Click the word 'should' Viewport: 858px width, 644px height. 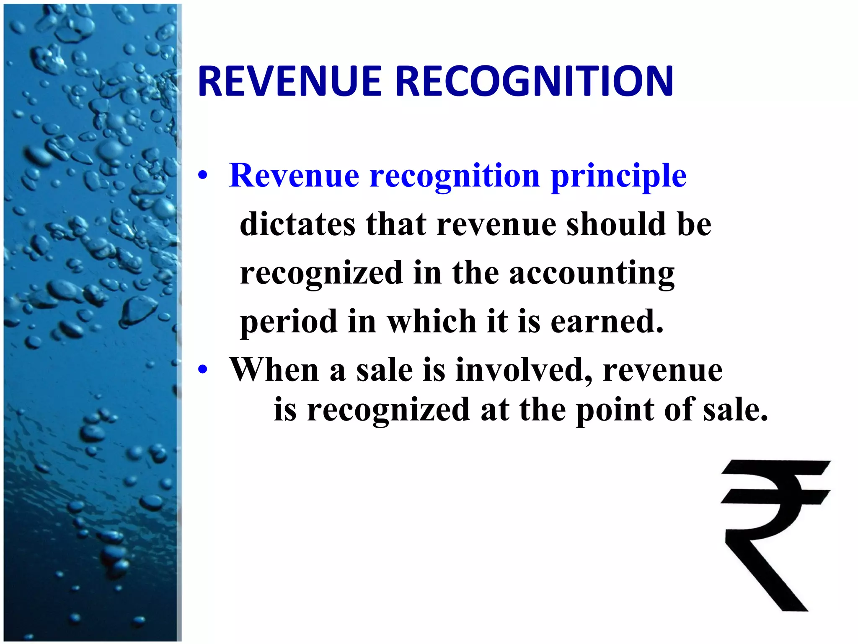pyautogui.click(x=616, y=224)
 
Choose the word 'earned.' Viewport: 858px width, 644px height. pyautogui.click(x=607, y=322)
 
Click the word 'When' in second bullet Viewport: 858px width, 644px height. pyautogui.click(x=274, y=370)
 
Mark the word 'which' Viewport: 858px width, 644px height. pyautogui.click(x=432, y=322)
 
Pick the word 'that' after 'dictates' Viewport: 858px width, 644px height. pyautogui.click(x=396, y=224)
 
